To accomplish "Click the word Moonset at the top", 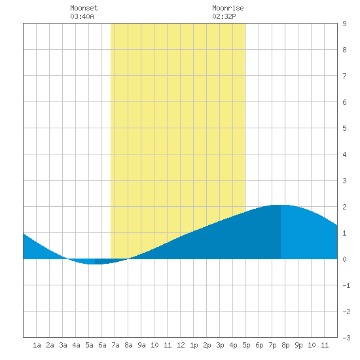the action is pyautogui.click(x=84, y=8).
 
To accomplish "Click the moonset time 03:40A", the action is pyautogui.click(x=82, y=16).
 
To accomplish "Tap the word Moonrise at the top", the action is pyautogui.click(x=228, y=8).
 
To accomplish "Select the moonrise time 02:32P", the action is pyautogui.click(x=224, y=16).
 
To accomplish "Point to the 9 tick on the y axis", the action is pyautogui.click(x=344, y=24).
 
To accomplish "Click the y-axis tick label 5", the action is pyautogui.click(x=344, y=128).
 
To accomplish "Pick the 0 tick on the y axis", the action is pyautogui.click(x=344, y=259).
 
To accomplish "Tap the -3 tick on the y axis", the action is pyautogui.click(x=346, y=338).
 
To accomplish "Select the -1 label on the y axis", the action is pyautogui.click(x=346, y=285).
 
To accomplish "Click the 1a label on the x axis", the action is pyautogui.click(x=37, y=345).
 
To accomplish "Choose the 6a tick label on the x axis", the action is pyautogui.click(x=102, y=345).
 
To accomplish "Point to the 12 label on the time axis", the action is pyautogui.click(x=181, y=345).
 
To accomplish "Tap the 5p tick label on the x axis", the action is pyautogui.click(x=246, y=345).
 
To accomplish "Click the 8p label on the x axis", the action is pyautogui.click(x=285, y=345).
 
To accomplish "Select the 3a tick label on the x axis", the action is pyautogui.click(x=63, y=345).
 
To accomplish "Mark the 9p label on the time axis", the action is pyautogui.click(x=298, y=345).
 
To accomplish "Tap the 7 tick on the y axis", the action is pyautogui.click(x=344, y=76).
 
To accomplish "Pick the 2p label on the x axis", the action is pyautogui.click(x=207, y=345).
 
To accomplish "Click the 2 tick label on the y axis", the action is pyautogui.click(x=344, y=207).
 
